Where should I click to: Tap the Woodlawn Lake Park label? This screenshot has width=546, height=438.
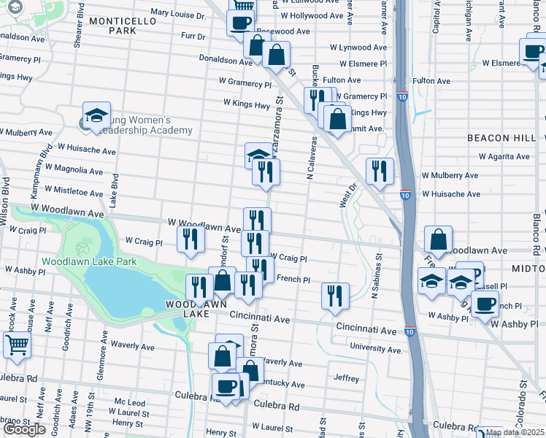pyautogui.click(x=89, y=261)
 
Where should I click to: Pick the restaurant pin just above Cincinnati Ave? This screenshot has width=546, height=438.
pyautogui.click(x=335, y=296)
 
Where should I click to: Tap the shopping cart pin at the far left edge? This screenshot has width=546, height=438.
pyautogui.click(x=17, y=344)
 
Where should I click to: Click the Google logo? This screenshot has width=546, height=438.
pyautogui.click(x=24, y=429)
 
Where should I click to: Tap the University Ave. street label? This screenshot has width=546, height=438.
pyautogui.click(x=376, y=349)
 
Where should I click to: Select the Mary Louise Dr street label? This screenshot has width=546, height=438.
pyautogui.click(x=178, y=14)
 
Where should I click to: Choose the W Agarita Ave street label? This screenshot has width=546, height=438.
pyautogui.click(x=504, y=156)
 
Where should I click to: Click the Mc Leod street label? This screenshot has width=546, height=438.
pyautogui.click(x=129, y=403)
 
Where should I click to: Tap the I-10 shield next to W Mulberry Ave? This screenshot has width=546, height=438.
pyautogui.click(x=405, y=195)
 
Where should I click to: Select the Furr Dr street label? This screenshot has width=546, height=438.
pyautogui.click(x=193, y=35)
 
